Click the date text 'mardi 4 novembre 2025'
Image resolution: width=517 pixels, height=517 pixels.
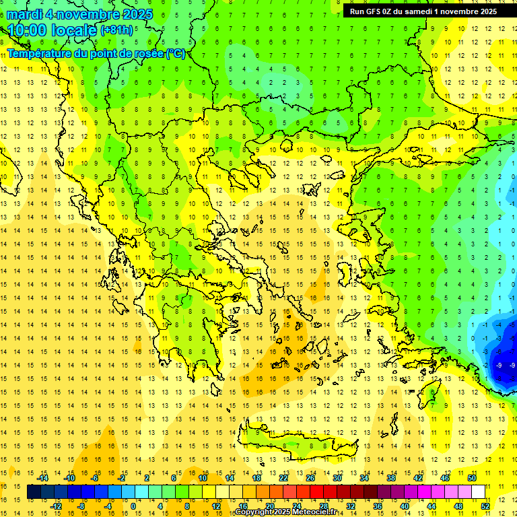(x=79, y=14)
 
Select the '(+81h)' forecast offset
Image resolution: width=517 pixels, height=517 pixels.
(x=116, y=31)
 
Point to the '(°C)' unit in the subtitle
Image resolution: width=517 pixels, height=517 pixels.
(x=176, y=53)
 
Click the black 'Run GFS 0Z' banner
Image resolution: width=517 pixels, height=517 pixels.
(x=423, y=11)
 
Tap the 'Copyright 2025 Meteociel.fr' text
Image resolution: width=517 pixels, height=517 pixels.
(x=285, y=512)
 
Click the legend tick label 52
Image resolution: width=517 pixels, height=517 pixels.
(x=485, y=506)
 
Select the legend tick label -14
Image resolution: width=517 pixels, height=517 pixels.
(x=42, y=477)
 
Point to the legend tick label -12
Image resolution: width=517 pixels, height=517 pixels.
(x=56, y=506)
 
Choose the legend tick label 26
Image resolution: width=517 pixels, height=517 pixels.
(x=310, y=477)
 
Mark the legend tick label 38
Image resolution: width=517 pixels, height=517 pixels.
(x=391, y=477)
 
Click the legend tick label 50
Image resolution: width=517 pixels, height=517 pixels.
(x=472, y=477)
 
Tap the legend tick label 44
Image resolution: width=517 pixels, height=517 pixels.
(x=432, y=506)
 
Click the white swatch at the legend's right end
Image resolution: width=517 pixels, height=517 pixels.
(x=479, y=492)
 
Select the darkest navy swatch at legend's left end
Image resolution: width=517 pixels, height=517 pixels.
(x=34, y=492)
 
